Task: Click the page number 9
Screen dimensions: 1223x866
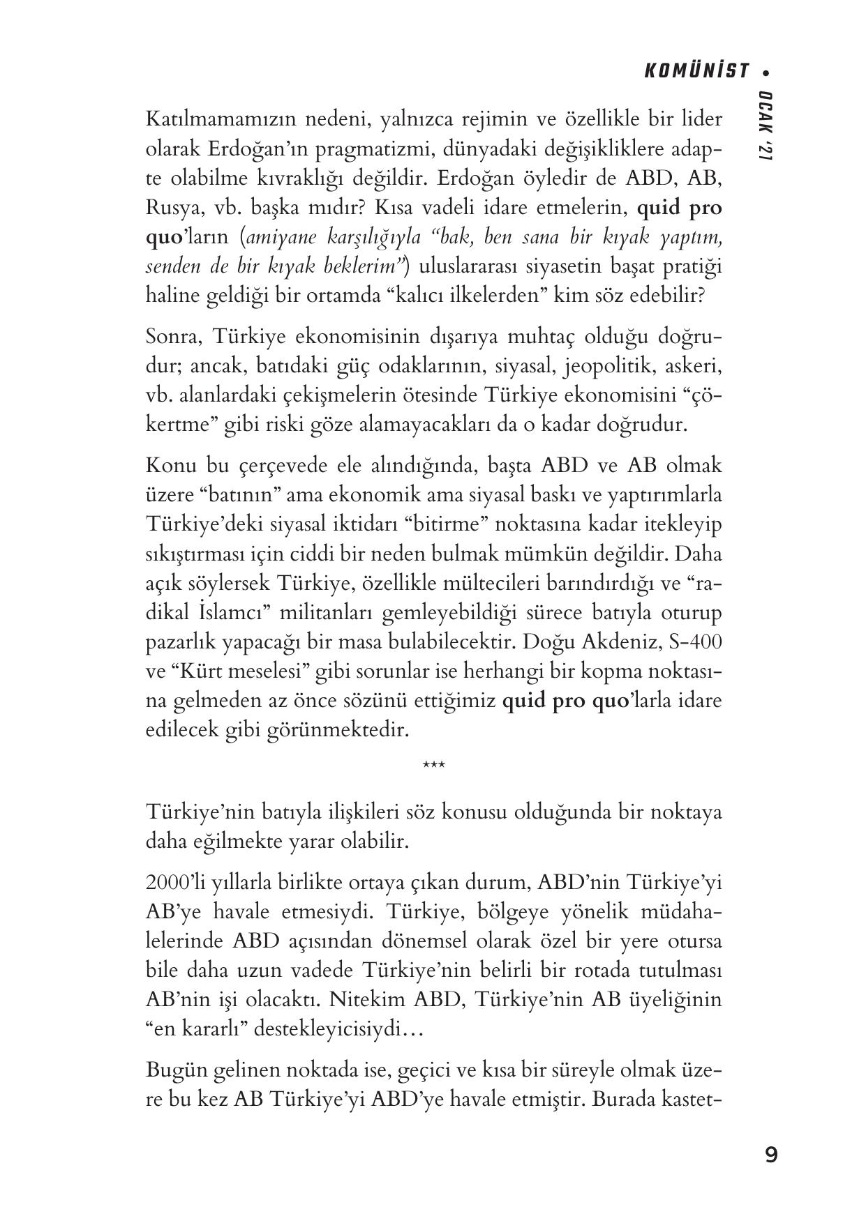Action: point(770,1155)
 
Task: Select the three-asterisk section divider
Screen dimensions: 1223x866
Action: point(433,766)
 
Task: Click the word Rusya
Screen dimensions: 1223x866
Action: point(170,208)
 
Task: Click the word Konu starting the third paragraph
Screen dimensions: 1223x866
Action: point(171,466)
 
